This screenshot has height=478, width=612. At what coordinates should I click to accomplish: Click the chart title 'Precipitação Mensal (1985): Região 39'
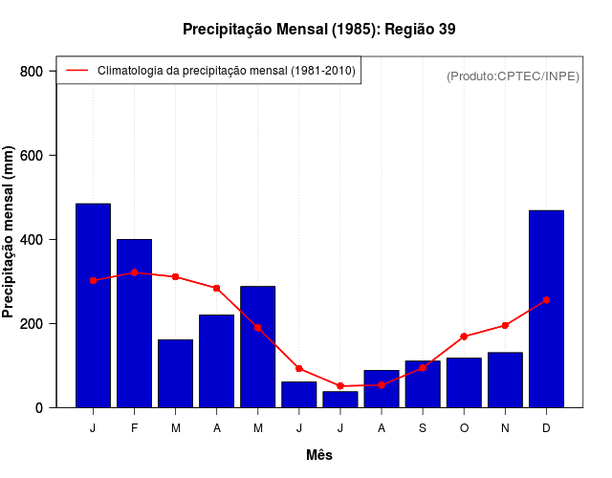click(318, 30)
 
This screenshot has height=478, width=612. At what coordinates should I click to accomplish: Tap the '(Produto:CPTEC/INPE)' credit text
click(513, 76)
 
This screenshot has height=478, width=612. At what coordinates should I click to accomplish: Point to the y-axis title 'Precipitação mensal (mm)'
click(9, 232)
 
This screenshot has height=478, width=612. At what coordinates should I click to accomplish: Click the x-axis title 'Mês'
click(319, 455)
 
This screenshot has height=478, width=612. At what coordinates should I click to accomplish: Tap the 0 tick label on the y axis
click(38, 408)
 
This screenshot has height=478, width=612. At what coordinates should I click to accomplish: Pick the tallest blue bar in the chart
click(93, 306)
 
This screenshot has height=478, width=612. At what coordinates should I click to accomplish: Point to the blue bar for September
click(423, 384)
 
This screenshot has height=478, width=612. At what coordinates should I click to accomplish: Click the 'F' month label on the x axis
click(134, 428)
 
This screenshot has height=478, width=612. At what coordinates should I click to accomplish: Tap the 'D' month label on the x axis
click(546, 428)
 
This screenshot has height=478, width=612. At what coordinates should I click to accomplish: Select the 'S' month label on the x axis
click(423, 428)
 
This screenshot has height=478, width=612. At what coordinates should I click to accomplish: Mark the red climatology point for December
click(546, 300)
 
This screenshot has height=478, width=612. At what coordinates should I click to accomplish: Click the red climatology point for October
click(464, 337)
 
